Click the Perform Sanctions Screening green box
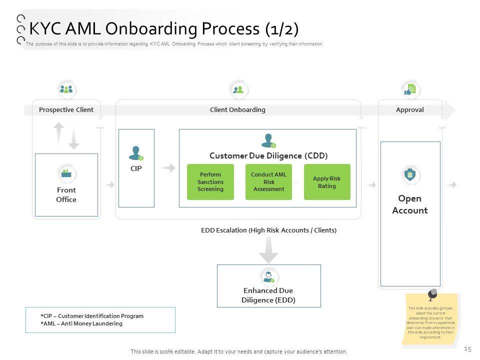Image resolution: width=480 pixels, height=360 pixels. (210, 182)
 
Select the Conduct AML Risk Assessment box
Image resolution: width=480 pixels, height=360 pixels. (268, 182)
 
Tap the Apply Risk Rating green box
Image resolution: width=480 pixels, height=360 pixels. (327, 182)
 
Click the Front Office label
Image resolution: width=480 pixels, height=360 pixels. (66, 195)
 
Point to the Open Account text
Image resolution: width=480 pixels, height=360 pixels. (409, 204)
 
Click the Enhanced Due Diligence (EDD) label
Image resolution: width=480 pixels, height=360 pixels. (268, 295)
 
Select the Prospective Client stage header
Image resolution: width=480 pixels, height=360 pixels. (66, 109)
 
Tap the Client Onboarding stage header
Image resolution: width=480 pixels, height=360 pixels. (237, 109)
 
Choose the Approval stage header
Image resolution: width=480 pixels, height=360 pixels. (409, 109)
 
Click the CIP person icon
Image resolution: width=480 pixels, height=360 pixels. (136, 153)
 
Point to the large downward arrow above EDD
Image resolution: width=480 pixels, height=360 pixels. (268, 249)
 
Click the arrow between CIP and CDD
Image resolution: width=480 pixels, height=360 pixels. (168, 168)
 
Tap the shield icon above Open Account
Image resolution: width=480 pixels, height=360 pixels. (409, 174)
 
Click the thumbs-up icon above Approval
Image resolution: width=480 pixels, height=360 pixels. (409, 90)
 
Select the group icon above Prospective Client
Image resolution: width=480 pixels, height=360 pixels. (66, 89)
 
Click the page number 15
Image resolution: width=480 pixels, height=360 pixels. (467, 348)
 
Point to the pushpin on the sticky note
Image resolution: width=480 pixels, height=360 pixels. (431, 293)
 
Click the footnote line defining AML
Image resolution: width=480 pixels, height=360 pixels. (81, 323)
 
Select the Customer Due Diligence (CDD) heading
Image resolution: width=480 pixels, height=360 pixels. (268, 155)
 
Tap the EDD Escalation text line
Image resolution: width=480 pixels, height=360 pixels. (268, 230)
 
